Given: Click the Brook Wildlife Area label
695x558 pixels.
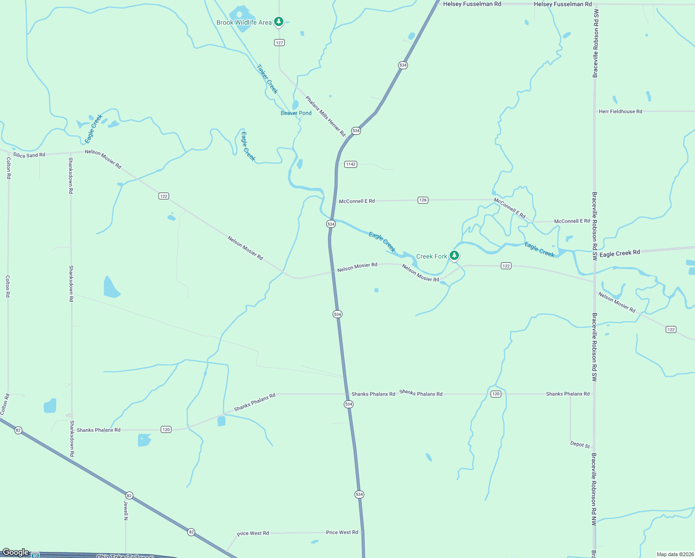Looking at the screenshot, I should click(244, 22).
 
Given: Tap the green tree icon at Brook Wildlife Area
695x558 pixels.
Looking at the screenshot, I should click(279, 21).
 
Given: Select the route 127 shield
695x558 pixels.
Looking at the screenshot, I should click(279, 43).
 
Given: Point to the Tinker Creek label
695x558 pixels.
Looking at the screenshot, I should click(267, 79).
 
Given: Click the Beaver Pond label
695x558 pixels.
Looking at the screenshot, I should click(296, 113).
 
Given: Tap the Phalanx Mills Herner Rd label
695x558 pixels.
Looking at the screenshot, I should click(326, 116).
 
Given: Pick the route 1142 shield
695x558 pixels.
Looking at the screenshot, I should click(351, 164).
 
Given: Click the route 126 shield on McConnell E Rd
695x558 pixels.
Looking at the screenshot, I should click(423, 200).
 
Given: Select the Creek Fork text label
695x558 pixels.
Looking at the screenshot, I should click(432, 256).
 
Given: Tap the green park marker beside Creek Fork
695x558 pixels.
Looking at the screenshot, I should click(454, 255).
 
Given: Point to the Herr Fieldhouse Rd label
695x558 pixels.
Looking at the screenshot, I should click(620, 112).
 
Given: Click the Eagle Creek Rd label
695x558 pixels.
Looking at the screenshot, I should click(619, 253).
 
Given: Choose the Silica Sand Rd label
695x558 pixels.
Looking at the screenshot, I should click(29, 155).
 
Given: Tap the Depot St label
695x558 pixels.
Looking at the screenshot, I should click(580, 445).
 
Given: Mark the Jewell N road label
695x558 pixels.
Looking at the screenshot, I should click(126, 510).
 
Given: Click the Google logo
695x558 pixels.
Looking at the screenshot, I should click(16, 552).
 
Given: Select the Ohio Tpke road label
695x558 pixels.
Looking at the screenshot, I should click(125, 556).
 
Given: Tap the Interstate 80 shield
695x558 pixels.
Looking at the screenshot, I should click(36, 555).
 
